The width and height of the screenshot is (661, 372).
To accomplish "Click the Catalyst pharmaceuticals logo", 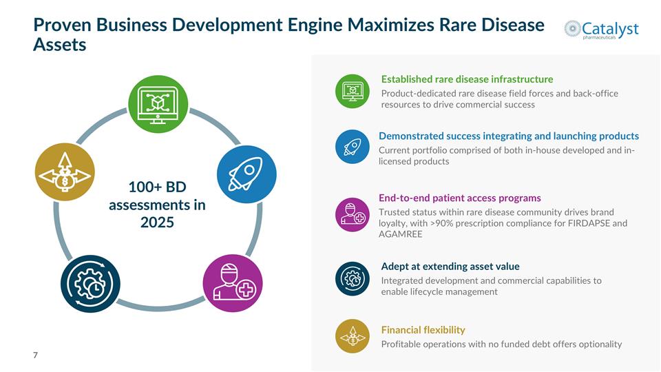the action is (601, 30).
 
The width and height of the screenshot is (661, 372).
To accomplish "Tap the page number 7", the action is (35, 355).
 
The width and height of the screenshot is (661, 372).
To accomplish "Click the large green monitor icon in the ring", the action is (158, 104).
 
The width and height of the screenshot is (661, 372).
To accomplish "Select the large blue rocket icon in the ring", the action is (246, 174).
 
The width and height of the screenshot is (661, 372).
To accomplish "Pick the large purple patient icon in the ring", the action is (233, 283).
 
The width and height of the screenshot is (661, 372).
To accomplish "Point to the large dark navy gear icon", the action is (90, 283).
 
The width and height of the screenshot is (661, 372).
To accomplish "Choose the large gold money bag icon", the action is (65, 172).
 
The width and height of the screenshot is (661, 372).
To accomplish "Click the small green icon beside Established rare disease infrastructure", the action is (353, 91).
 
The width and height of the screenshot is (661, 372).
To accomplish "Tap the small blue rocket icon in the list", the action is (353, 147).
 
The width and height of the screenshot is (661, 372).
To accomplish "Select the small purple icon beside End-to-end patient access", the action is (353, 215).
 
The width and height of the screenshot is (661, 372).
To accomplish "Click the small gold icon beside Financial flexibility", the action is (353, 336).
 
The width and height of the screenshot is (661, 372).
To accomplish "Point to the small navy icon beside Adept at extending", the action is (353, 279).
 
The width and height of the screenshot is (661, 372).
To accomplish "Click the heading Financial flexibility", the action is (423, 330).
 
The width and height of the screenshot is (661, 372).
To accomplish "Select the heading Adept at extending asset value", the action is (450, 266).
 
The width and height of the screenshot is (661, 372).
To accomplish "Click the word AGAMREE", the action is (400, 234).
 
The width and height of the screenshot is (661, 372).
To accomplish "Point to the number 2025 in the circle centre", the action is (157, 223).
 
